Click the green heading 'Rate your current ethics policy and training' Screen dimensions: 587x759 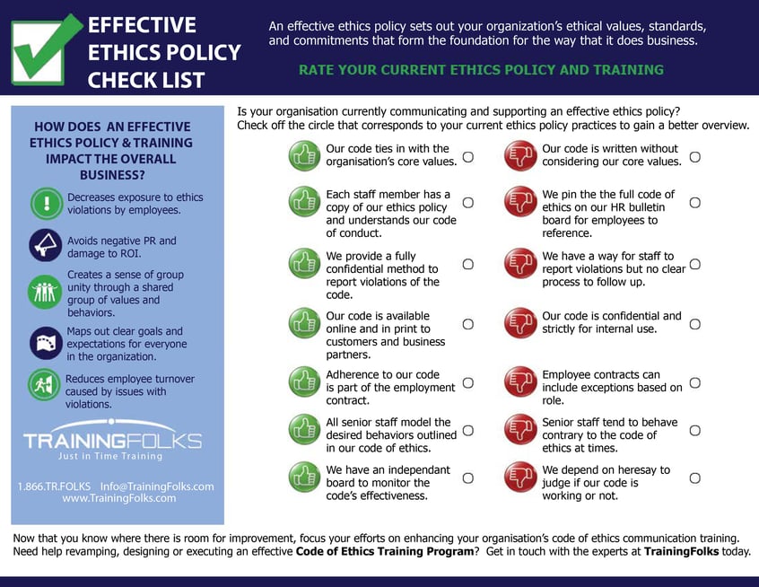tap(481, 70)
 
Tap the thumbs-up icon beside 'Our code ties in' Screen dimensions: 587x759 tap(304, 155)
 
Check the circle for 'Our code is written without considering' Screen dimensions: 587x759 tap(694, 156)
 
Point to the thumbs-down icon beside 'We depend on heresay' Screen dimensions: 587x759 tap(519, 477)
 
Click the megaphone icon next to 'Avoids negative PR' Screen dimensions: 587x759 tap(45, 245)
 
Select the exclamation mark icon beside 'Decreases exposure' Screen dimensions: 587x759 tap(45, 203)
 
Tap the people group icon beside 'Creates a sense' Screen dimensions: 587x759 tap(45, 293)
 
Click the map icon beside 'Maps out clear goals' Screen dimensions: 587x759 tap(45, 343)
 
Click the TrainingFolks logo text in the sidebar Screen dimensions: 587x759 tap(112, 441)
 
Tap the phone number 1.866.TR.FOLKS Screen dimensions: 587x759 tap(54, 486)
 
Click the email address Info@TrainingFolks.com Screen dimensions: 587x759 tap(157, 486)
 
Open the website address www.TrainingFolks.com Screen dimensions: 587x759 tap(118, 498)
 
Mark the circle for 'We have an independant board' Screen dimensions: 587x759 tap(467, 477)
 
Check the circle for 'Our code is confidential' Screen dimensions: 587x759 tap(694, 323)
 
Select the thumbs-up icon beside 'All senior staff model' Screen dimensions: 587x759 tap(304, 429)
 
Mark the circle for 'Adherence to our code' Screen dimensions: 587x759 tap(467, 382)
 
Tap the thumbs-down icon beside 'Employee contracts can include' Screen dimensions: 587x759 tap(519, 381)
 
